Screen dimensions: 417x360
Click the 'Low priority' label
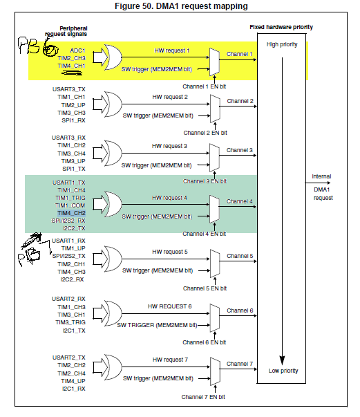(281, 371)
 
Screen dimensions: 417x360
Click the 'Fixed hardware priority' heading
(281, 27)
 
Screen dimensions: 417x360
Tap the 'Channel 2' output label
(240, 101)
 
